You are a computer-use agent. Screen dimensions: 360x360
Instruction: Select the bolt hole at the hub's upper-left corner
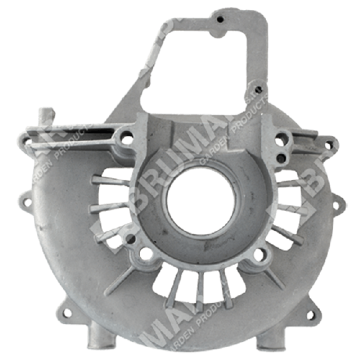click(126, 138)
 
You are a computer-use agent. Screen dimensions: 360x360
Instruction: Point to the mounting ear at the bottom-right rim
click(313, 314)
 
